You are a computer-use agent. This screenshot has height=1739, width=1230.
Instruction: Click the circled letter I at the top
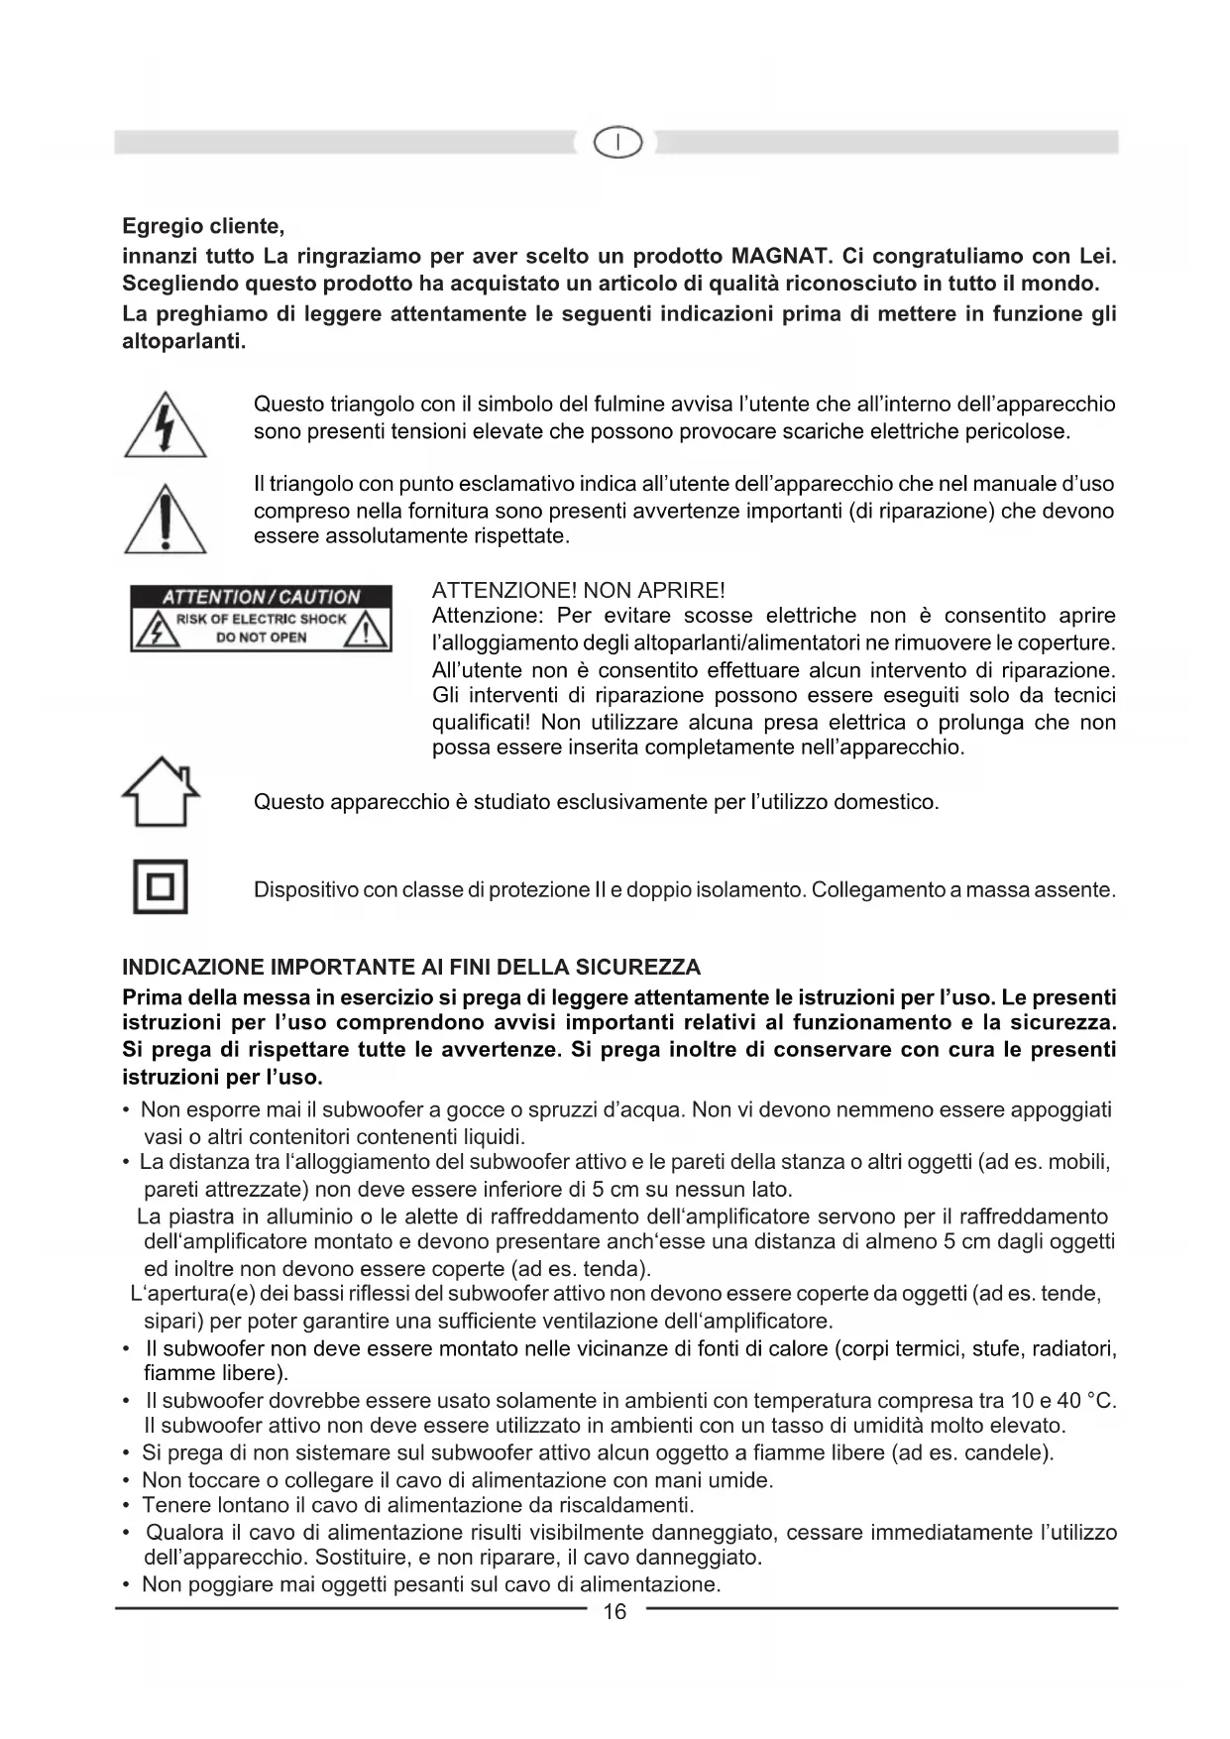616,144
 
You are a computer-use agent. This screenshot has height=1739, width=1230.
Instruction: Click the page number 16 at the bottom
615,1612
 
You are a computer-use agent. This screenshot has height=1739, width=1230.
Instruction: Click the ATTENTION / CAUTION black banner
261,597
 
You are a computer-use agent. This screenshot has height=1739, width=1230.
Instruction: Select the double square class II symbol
161,887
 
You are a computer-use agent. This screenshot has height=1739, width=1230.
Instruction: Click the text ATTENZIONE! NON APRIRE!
579,591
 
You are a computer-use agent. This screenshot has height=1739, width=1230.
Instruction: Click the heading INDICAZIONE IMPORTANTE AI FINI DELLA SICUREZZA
410,968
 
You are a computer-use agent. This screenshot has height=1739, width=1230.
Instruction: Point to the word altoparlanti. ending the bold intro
183,342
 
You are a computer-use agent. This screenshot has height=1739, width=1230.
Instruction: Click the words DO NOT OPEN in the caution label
261,638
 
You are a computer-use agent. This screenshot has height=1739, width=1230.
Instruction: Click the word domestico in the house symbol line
885,802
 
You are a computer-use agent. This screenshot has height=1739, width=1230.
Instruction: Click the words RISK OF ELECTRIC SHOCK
261,619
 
